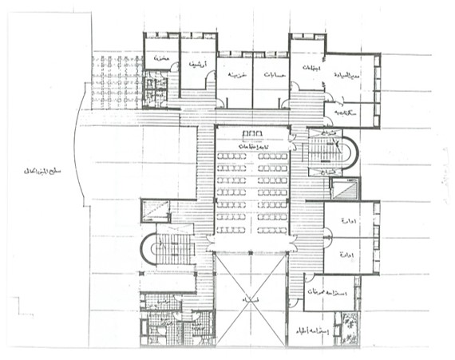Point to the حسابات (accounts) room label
(271, 77)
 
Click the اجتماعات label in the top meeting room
(306, 69)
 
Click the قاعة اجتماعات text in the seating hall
(251, 143)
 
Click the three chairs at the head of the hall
(251, 133)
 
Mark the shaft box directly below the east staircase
(344, 189)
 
